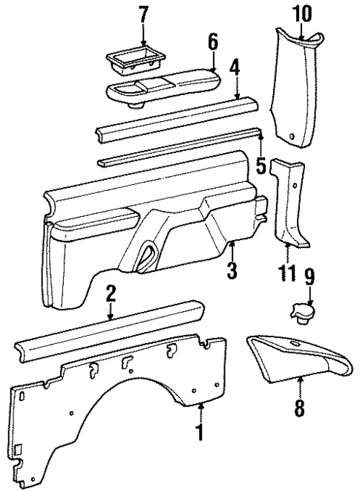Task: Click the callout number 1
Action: pyautogui.click(x=199, y=432)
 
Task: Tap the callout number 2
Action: pyautogui.click(x=110, y=293)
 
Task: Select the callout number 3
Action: pyautogui.click(x=232, y=270)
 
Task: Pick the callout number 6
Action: pyautogui.click(x=212, y=44)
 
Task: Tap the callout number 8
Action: pyautogui.click(x=299, y=408)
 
